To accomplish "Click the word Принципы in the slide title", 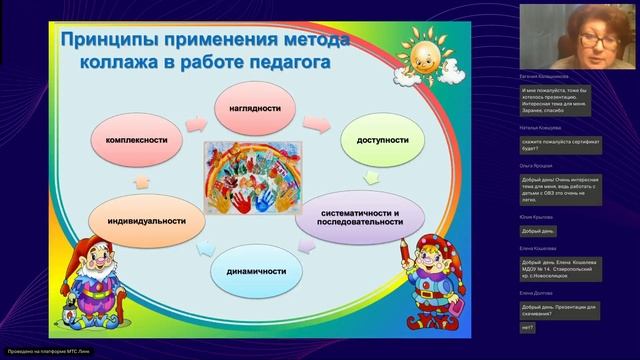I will pyautogui.click(x=110, y=42).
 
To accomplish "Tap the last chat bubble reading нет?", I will pyautogui.click(x=528, y=328).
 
